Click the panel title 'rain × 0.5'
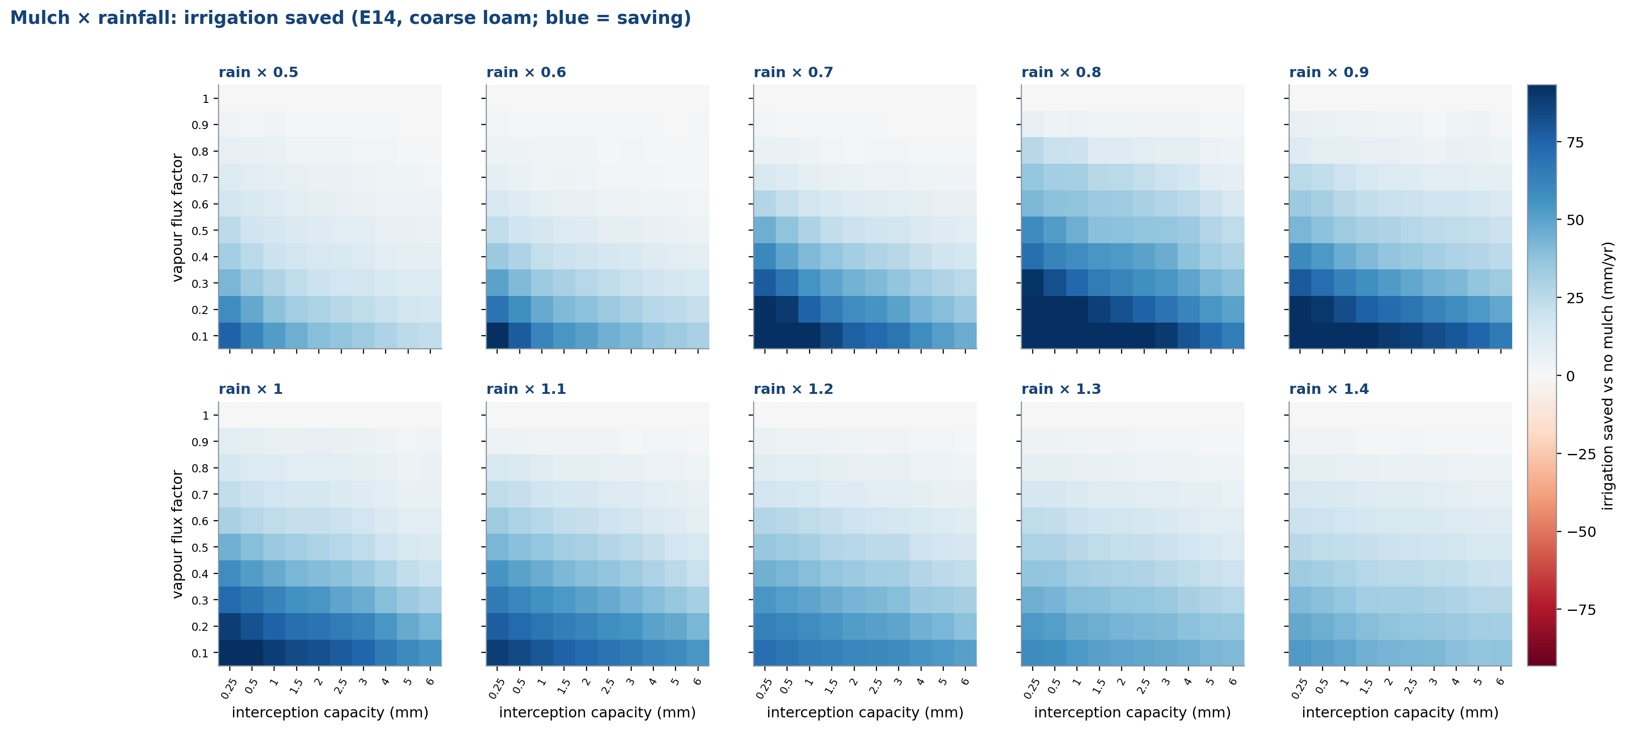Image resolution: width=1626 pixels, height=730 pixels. pyautogui.click(x=258, y=72)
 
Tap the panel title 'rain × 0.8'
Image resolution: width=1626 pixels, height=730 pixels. pyautogui.click(x=1061, y=72)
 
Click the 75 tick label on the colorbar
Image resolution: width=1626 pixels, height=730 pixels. pyautogui.click(x=1575, y=143)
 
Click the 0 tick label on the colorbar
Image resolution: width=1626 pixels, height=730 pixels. pyautogui.click(x=1571, y=376)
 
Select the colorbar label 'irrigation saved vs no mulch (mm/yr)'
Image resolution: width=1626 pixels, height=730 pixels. pyautogui.click(x=1607, y=375)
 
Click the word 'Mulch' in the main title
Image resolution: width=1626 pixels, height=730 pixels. pyautogui.click(x=40, y=18)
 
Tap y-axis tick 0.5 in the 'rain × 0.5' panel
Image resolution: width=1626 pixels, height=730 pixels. pyautogui.click(x=200, y=231)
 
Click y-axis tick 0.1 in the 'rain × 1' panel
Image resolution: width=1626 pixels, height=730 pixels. pyautogui.click(x=200, y=653)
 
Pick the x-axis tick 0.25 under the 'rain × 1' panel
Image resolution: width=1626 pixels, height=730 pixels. pyautogui.click(x=228, y=688)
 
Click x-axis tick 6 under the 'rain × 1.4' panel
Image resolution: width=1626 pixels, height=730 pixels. pyautogui.click(x=1500, y=681)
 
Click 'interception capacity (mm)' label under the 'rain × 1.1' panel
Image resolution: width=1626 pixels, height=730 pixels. pyautogui.click(x=597, y=712)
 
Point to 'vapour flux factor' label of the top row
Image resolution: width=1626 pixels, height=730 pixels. pyautogui.click(x=177, y=217)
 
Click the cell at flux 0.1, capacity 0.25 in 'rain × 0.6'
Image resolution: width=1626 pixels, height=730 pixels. pyautogui.click(x=498, y=336)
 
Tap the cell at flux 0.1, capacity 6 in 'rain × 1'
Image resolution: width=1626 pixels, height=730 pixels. pyautogui.click(x=430, y=652)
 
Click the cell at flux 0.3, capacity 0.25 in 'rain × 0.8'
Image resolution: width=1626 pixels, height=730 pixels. pyautogui.click(x=1033, y=283)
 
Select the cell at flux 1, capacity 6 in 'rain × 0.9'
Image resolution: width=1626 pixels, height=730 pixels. pyautogui.click(x=1501, y=98)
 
